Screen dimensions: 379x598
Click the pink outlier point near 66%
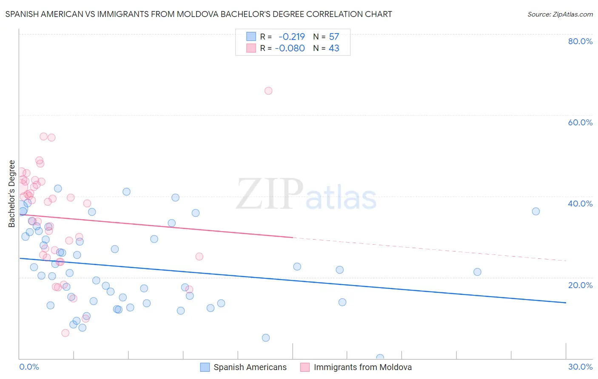268,91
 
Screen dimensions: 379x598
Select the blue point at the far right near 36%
536,212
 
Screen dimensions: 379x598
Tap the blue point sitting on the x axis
380,358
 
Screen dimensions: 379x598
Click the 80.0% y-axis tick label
580,41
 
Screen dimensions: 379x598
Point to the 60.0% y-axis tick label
580,122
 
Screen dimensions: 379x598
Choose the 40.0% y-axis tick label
580,204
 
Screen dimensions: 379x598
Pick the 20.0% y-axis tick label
580,285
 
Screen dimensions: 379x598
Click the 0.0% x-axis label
29,367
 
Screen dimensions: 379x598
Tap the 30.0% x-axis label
580,367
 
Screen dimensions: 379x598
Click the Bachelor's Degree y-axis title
12,194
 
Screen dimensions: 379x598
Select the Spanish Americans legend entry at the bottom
250,367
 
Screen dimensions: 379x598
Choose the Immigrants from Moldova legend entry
362,367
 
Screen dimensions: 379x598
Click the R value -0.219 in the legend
292,37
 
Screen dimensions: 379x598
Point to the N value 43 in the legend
334,48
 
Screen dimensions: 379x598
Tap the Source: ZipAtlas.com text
560,14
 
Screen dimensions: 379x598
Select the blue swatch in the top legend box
251,37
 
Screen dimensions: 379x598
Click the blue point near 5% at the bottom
266,338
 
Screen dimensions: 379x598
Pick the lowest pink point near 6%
65,333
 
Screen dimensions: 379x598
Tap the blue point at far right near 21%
477,272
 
